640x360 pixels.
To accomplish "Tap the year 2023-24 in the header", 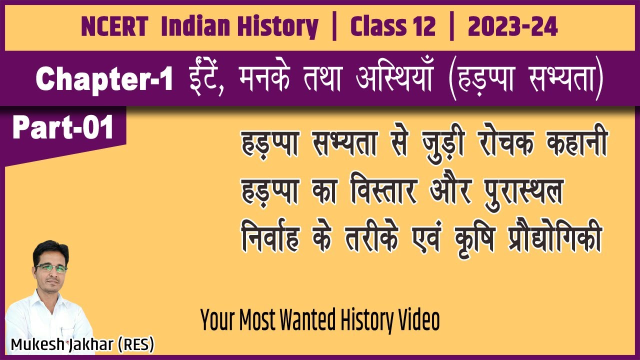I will point(512,27).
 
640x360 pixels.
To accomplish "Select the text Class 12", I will point(392,27).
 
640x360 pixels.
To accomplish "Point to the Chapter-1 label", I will point(104,80).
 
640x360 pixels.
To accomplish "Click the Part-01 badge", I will point(63,128).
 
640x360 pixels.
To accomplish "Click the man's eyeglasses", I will point(51,268).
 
